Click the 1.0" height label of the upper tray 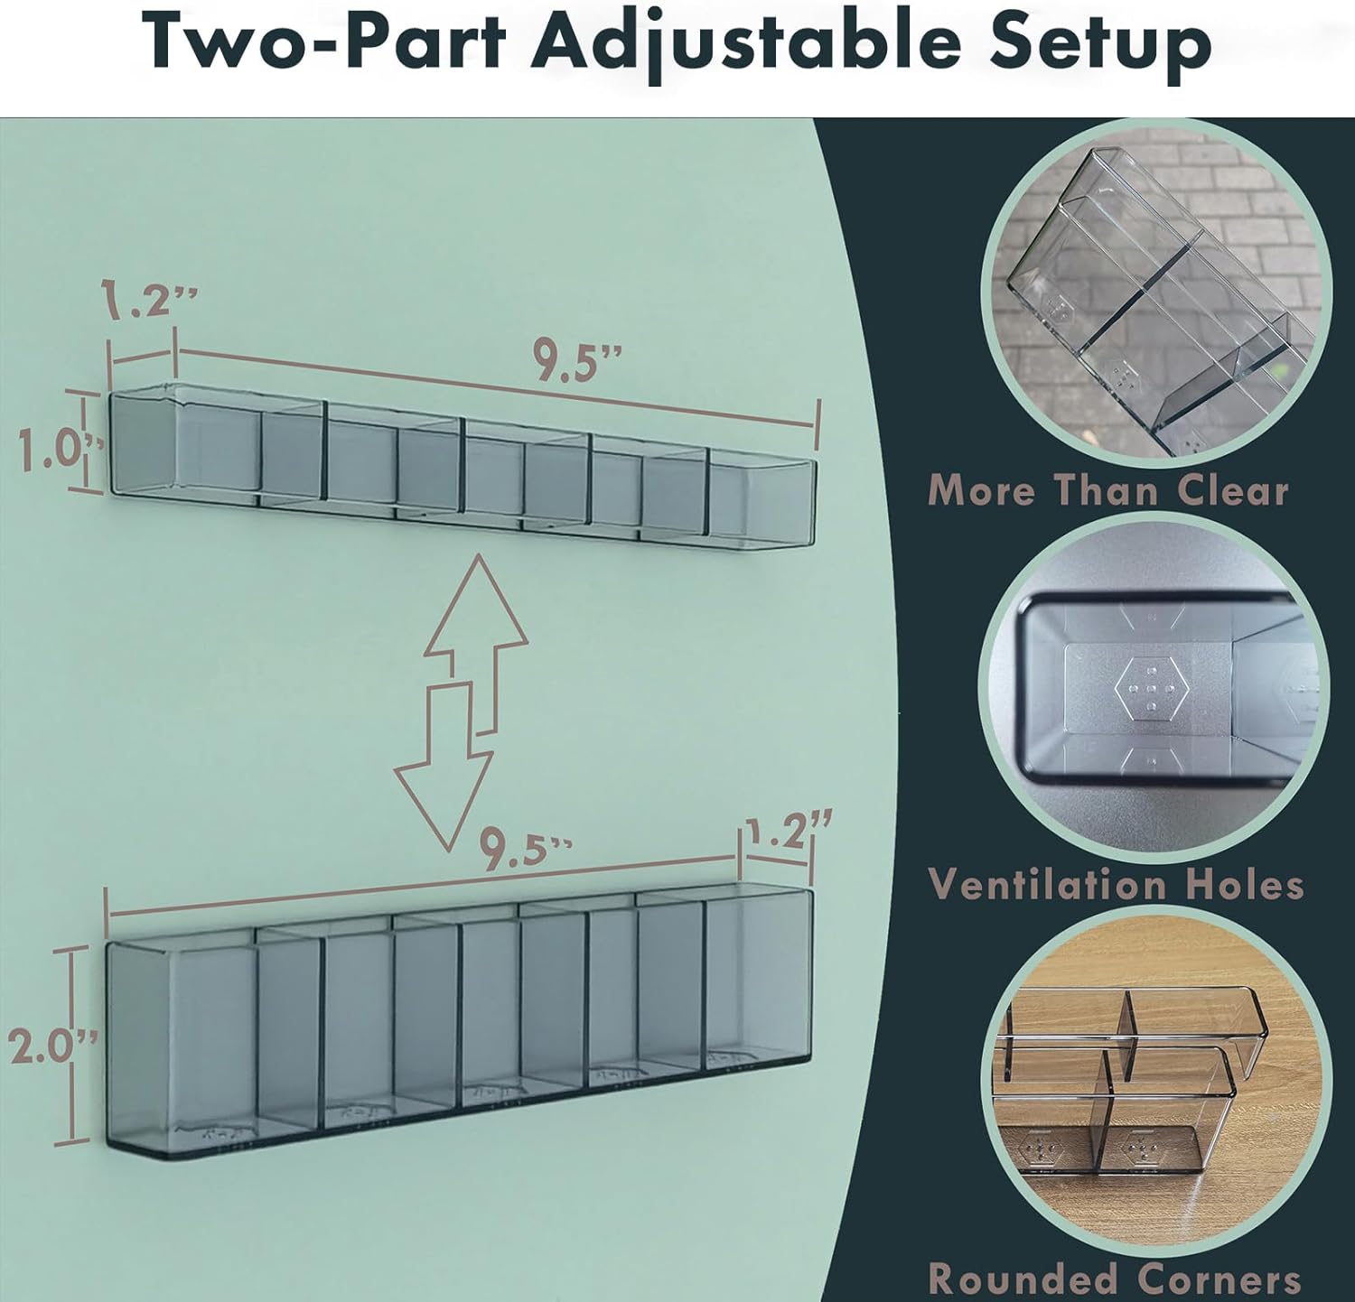pos(50,452)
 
